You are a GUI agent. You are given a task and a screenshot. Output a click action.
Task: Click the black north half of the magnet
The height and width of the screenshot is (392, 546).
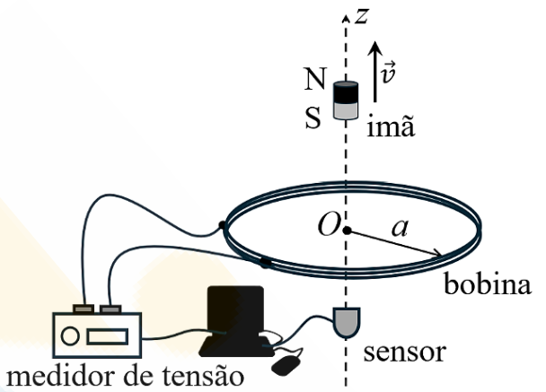click(346, 92)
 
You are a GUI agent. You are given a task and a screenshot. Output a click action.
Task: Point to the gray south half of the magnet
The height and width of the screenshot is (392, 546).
click(346, 110)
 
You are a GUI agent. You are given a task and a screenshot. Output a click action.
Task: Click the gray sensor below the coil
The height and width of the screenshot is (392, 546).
click(345, 324)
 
